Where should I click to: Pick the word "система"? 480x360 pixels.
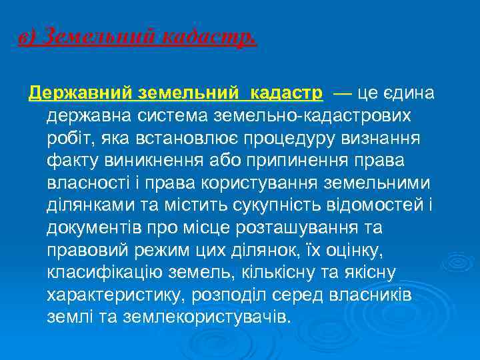[x=170, y=115]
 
